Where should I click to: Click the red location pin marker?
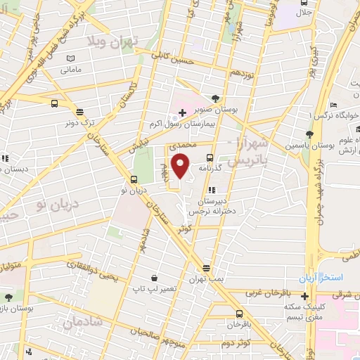181,166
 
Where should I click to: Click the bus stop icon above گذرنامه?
209,158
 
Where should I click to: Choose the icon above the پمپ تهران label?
206,268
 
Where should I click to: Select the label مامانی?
71,70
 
